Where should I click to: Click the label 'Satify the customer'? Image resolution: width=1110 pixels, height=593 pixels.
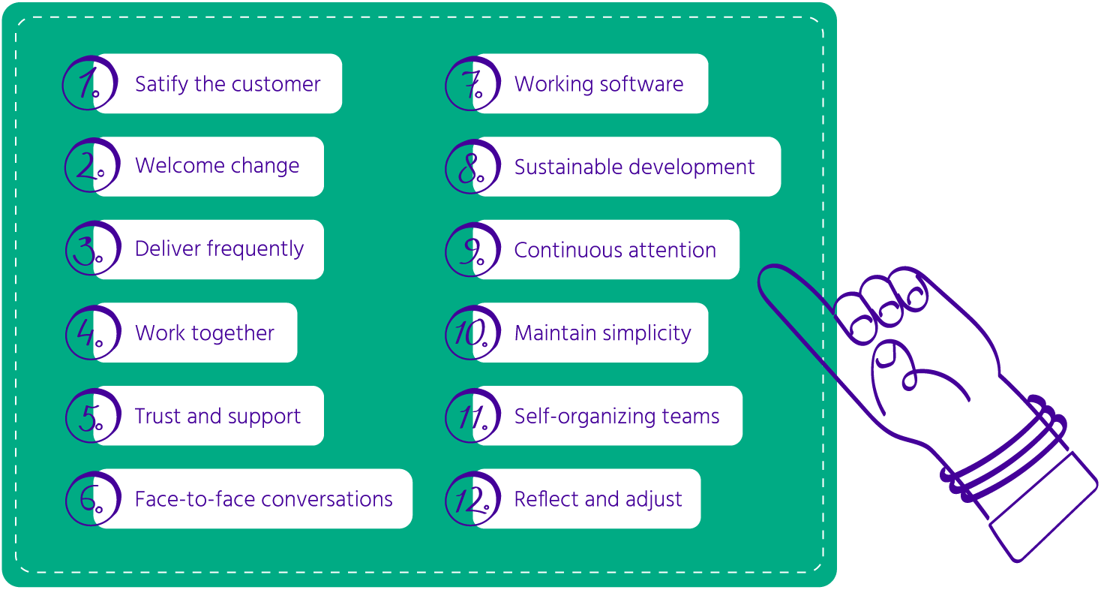click(x=227, y=84)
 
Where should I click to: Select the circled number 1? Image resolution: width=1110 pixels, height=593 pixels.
click(x=90, y=84)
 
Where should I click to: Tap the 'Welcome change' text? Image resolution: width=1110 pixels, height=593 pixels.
click(x=217, y=166)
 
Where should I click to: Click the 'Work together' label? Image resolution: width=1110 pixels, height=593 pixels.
click(x=205, y=333)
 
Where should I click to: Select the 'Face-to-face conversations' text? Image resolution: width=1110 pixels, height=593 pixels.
click(x=263, y=499)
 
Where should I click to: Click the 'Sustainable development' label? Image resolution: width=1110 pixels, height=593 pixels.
click(x=634, y=167)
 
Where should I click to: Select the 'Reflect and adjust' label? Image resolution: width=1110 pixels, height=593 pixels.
click(x=598, y=499)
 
